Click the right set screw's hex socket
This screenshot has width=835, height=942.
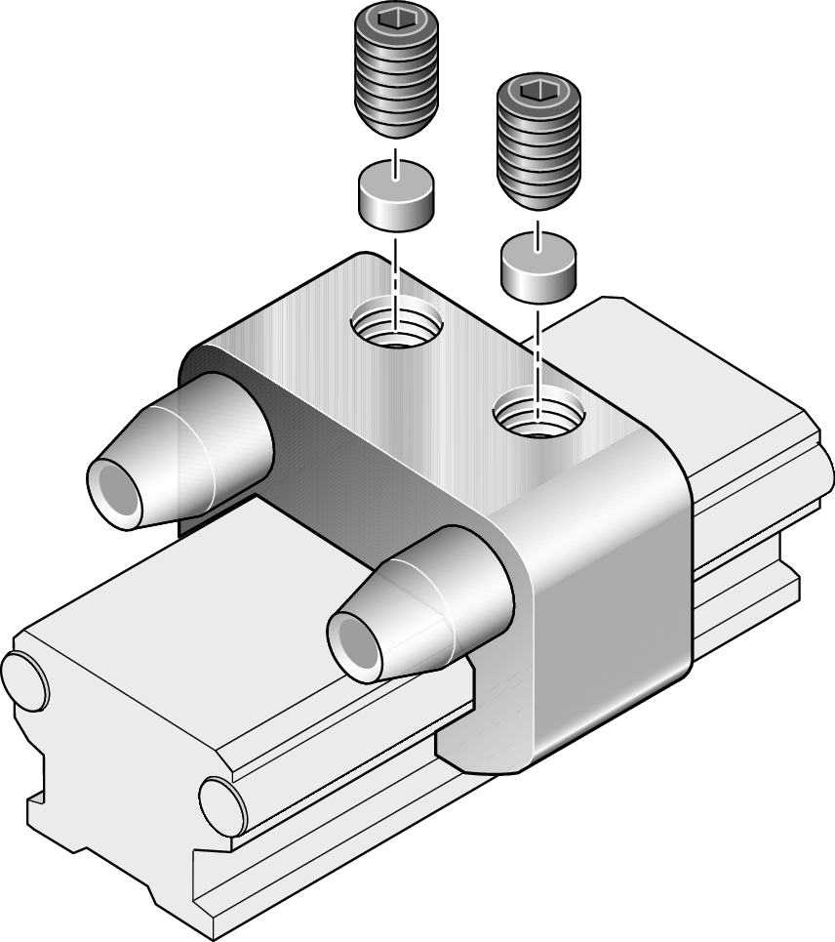[x=539, y=91]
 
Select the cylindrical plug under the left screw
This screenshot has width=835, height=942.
[x=394, y=193]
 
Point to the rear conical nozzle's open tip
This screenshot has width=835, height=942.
[x=118, y=486]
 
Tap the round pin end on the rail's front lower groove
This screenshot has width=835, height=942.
[x=223, y=804]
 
